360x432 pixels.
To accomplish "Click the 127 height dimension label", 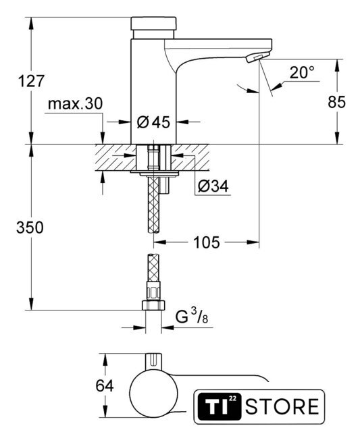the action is coord(31,81).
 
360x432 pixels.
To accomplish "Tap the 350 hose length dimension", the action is coord(30,227).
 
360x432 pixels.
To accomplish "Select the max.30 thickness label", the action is coord(75,104).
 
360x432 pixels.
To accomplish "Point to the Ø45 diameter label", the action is coord(153,122).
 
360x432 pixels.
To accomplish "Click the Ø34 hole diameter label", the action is coord(213,187).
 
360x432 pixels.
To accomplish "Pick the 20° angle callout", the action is coord(302,73).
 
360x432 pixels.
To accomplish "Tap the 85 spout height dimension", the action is coord(336,102).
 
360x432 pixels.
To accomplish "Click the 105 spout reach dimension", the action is coord(207,242).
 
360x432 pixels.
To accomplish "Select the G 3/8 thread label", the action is coord(192,317).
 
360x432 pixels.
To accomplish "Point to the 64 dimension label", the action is coord(105,385).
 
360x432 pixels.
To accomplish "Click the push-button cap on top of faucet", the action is coord(153,24).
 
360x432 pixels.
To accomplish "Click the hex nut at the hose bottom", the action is coord(153,305).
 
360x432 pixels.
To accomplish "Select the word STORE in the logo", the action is coord(282,406).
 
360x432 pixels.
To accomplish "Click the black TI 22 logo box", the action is coord(220,406).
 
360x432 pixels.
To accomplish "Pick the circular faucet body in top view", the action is coord(153,392).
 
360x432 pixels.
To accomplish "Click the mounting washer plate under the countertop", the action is coord(155,173).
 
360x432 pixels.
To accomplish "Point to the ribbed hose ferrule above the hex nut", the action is coord(154,291).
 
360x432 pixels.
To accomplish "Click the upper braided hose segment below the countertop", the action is coord(154,205).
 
